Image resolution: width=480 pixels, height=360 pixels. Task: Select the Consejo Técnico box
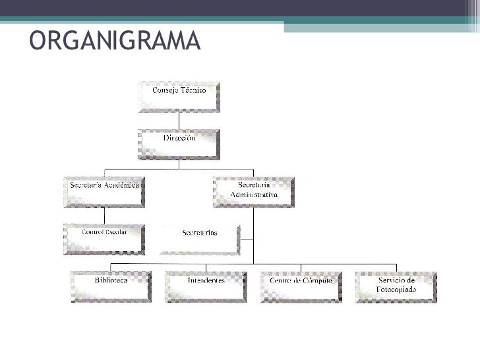point(179,96)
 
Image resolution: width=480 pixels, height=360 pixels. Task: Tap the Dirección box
point(179,144)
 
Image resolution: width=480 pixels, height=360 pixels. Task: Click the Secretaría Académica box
point(104,191)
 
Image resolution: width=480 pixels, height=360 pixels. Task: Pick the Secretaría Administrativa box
point(254,191)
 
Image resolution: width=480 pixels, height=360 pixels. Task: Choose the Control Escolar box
point(104,237)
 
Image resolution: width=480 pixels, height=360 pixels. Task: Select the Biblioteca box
point(112,285)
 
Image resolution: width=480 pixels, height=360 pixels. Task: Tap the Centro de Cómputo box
point(301,285)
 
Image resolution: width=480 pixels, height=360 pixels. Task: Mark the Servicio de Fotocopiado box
point(396,285)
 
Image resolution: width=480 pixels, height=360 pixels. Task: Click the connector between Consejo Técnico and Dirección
point(179,121)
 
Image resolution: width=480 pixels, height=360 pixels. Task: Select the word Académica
point(123,185)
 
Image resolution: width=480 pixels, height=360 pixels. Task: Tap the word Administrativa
point(254,195)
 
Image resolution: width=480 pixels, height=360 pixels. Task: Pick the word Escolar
point(114,232)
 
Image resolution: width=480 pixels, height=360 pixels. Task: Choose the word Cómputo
point(320,280)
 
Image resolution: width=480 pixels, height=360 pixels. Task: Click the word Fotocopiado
point(396,289)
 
